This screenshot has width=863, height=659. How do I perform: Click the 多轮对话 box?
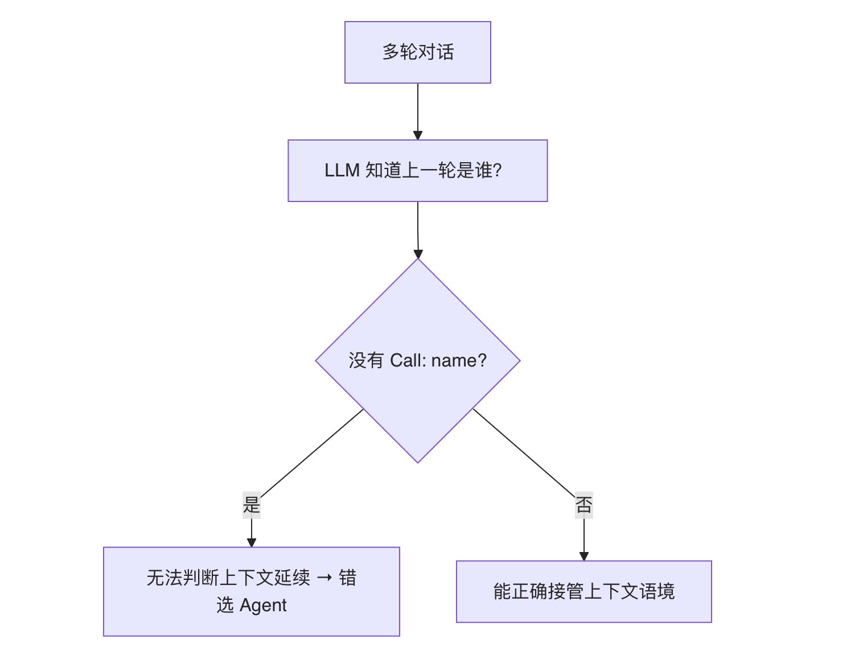[x=417, y=52]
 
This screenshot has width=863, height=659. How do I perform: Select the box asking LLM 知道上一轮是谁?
[x=417, y=171]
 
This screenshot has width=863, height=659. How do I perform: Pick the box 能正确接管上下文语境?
[x=583, y=592]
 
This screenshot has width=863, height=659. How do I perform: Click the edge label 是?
[x=252, y=505]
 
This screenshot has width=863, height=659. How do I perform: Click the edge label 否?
[x=584, y=505]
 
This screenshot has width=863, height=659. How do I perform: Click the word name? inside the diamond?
[x=459, y=361]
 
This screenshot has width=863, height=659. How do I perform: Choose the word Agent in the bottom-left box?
[x=263, y=606]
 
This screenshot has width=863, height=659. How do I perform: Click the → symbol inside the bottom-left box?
[x=324, y=578]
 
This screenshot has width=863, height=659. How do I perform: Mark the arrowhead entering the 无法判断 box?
[x=252, y=542]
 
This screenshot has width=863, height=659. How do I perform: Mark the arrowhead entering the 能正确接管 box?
[x=584, y=556]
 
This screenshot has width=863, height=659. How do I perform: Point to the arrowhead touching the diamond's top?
[x=418, y=254]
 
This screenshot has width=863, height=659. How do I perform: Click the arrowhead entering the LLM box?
[x=417, y=135]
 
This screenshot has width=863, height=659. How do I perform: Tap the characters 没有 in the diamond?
[x=366, y=361]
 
